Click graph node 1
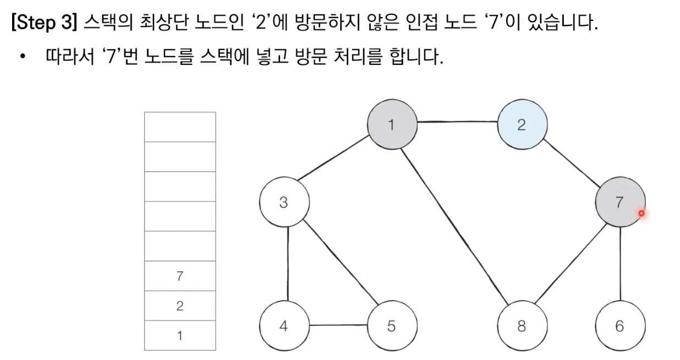(391, 125)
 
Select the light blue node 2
(522, 125)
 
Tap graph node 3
(283, 203)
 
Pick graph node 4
(283, 326)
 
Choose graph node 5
(391, 326)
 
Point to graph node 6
(620, 326)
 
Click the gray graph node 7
(619, 203)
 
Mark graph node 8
(522, 326)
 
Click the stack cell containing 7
(180, 276)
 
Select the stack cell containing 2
(180, 306)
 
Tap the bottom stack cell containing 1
(180, 335)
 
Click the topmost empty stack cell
(180, 127)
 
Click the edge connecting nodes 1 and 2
(457, 123)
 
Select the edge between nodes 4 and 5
(337, 325)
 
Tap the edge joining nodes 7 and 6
(621, 264)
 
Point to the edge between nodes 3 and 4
(287, 264)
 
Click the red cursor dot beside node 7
(641, 213)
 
